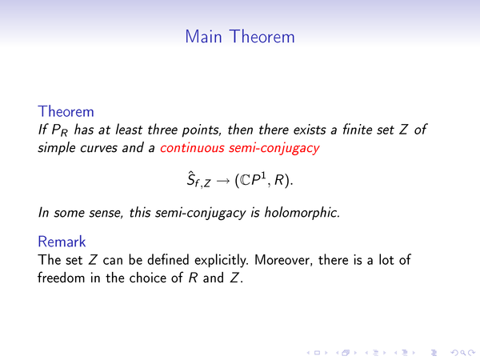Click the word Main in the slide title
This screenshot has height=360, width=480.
[203, 37]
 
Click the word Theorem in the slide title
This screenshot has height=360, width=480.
[262, 37]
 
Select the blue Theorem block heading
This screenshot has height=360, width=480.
[66, 111]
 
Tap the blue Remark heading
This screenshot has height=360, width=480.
[62, 242]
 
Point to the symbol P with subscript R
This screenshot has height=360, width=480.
[60, 130]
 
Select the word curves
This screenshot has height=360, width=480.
[98, 148]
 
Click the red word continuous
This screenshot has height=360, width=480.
[193, 148]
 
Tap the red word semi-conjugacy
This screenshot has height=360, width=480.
[274, 149]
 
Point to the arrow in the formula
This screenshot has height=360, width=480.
[222, 181]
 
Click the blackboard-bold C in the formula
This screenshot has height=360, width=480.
[246, 180]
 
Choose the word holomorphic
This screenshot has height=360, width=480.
[302, 212]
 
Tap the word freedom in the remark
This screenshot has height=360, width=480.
[62, 278]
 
